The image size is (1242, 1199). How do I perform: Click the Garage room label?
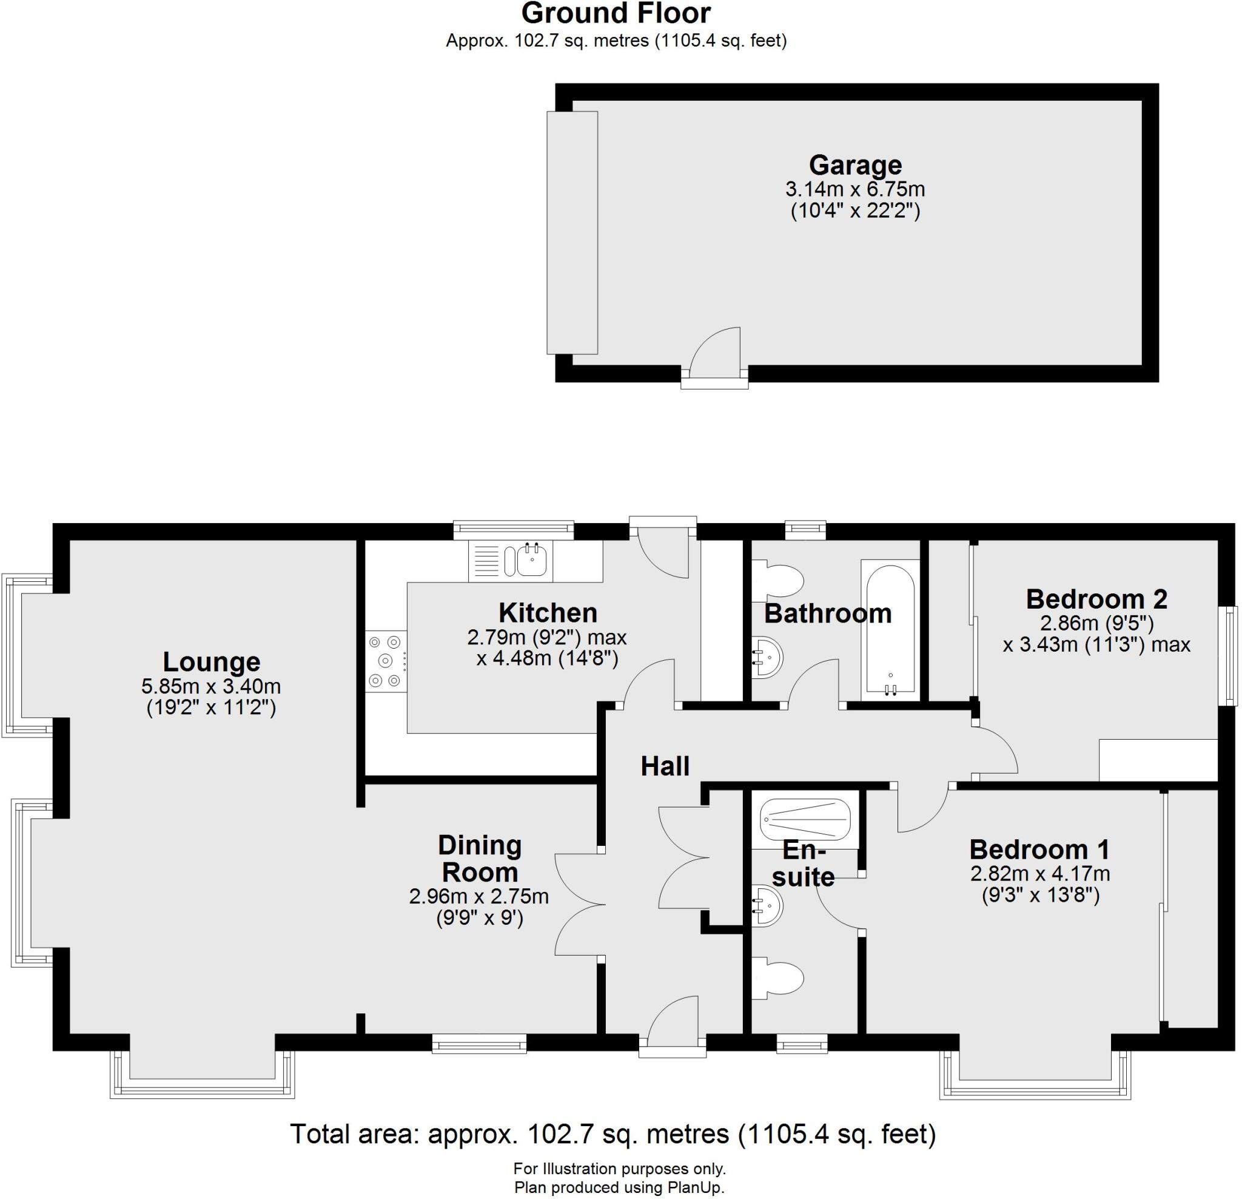[855, 165]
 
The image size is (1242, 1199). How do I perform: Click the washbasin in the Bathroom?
[766, 658]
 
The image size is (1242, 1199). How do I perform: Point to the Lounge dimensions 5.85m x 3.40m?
[211, 686]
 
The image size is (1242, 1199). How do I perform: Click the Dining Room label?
[480, 859]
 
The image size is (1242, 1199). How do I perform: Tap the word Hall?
[665, 766]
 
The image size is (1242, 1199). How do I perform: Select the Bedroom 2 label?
[1096, 598]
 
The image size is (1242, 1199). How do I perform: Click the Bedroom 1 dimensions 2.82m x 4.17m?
[1040, 874]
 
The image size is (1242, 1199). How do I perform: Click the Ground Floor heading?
[616, 13]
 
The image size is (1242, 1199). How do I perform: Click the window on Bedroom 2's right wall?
[1230, 657]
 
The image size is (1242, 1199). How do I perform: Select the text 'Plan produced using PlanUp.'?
[619, 1187]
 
